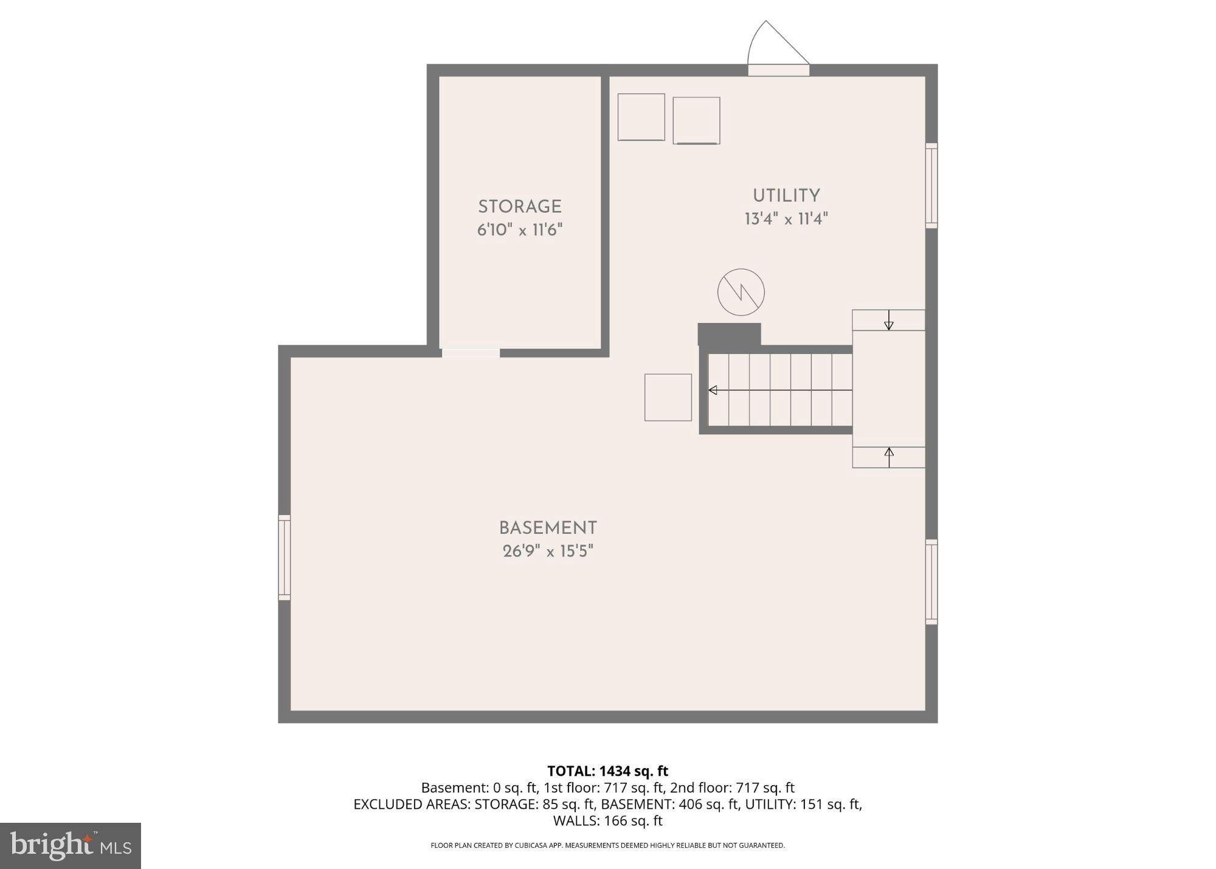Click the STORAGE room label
[519, 207]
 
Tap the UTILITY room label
[786, 196]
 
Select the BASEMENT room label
[548, 528]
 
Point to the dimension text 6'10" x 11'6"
[519, 230]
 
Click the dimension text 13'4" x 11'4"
[786, 219]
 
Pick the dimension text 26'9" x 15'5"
[548, 552]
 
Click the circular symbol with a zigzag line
[741, 292]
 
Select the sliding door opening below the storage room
[471, 353]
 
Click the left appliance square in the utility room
[641, 117]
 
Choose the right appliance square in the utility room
[696, 120]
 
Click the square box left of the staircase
[668, 397]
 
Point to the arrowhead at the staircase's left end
[713, 390]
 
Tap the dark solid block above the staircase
[729, 334]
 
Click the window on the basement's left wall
[284, 558]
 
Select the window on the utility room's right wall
[931, 185]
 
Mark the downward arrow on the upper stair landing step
[888, 320]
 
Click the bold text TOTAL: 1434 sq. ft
[607, 771]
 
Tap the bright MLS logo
[71, 846]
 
